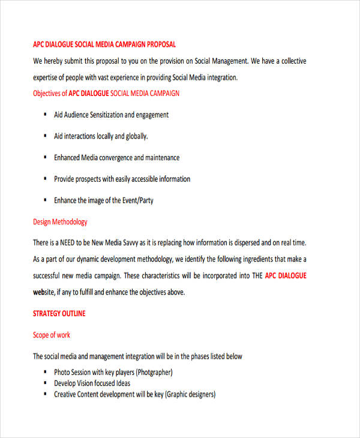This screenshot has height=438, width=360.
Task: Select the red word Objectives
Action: pos(50,94)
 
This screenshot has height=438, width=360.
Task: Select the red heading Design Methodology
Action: pos(60,222)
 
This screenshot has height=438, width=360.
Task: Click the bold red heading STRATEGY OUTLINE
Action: pos(59,314)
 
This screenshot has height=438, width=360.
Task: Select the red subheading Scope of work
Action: pos(52,335)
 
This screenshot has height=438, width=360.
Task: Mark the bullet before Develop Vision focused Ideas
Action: pos(46,383)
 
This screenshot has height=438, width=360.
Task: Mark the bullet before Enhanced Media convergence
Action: pos(46,158)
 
